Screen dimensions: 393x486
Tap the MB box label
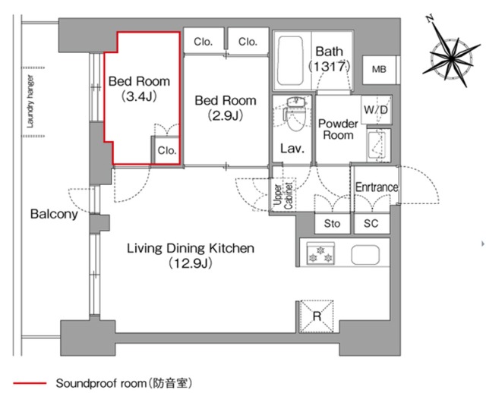tap(377, 70)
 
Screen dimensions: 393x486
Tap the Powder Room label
tap(336, 129)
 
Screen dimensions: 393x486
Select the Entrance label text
tap(376, 187)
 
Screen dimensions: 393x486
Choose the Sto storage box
tap(332, 224)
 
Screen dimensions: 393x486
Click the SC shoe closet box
tap(371, 224)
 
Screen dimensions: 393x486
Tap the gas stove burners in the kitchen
tap(319, 255)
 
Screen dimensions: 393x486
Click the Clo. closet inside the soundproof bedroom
tap(167, 150)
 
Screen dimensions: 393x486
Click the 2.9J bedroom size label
tap(226, 115)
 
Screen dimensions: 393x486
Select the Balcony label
tap(54, 214)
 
